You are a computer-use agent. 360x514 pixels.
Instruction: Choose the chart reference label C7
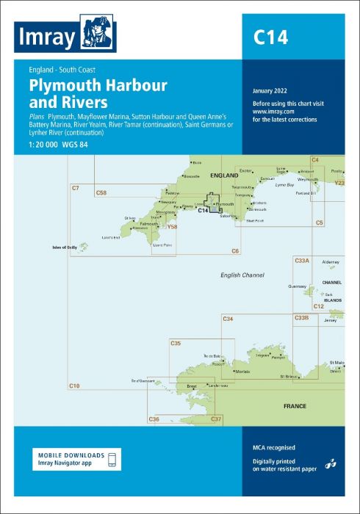coord(75,189)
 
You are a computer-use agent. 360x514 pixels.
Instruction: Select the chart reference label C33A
coord(302,261)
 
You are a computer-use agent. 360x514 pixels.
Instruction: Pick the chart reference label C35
coord(176,344)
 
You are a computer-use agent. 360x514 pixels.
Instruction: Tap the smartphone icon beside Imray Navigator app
coord(112,460)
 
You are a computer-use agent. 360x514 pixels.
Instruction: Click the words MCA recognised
coord(273,447)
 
